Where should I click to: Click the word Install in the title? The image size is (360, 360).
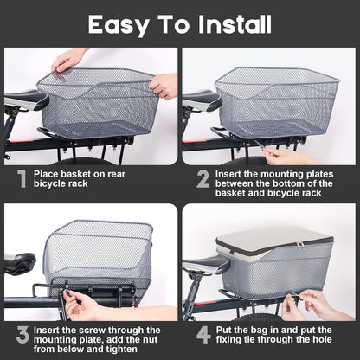coord(235,24)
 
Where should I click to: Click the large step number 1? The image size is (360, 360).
coord(22,179)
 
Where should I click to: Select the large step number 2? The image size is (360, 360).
coord(203,179)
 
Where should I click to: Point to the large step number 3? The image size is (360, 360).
coord(22,335)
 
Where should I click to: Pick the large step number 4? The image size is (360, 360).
coord(203,335)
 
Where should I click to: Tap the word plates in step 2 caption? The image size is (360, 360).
coord(319,175)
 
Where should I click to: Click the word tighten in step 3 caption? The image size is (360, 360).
coord(119,350)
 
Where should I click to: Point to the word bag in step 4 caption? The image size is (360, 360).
coord(260,331)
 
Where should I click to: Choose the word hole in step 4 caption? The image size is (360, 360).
coord(321,339)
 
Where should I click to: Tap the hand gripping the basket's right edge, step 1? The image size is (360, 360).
coord(164,85)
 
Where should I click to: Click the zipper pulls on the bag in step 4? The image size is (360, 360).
coord(301,246)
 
